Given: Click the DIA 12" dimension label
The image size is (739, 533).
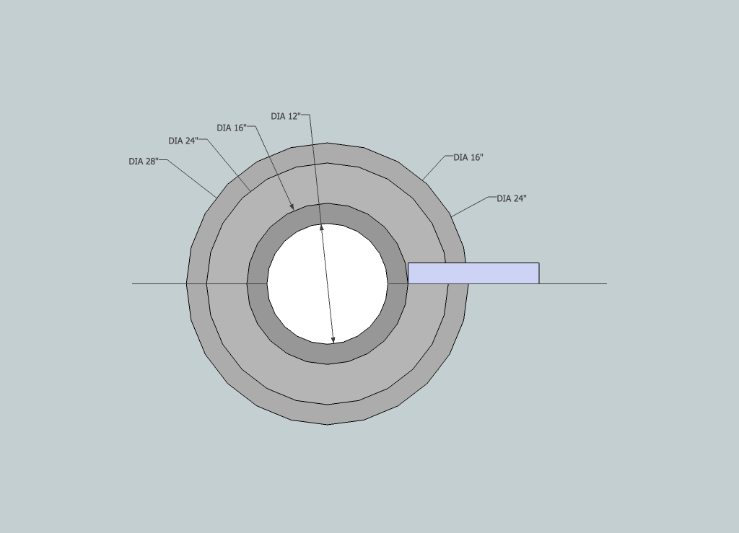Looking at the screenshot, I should (286, 116).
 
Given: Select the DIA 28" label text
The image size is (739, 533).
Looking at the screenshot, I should (143, 162).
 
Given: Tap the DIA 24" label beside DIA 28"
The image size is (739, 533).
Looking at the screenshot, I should (183, 141).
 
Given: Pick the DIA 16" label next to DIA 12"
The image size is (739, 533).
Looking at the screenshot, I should (232, 128).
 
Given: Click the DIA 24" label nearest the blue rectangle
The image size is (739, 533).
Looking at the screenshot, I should (512, 198).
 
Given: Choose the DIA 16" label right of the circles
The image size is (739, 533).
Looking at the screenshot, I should (468, 157).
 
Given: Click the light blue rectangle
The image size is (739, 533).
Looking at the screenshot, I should (473, 273).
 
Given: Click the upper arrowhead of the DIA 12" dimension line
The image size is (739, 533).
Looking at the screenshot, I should (322, 227).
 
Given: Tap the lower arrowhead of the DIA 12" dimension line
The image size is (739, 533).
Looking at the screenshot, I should (333, 340).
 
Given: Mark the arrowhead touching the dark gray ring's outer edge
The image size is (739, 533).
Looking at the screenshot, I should (292, 208).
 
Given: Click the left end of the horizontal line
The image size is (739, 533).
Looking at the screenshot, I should (133, 283).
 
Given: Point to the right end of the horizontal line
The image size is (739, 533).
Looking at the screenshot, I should (606, 283).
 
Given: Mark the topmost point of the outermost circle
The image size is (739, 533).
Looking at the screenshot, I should (328, 143).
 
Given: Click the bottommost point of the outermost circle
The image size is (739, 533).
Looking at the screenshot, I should (328, 424).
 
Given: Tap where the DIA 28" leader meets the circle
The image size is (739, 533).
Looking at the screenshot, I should (217, 198).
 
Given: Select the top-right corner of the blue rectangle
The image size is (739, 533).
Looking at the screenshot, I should (538, 263).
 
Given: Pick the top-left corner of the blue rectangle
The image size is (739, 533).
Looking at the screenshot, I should (408, 263).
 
